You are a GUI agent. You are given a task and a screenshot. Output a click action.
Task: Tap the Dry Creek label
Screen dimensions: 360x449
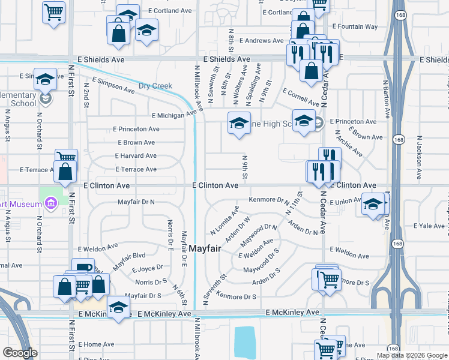pyautogui.click(x=155, y=86)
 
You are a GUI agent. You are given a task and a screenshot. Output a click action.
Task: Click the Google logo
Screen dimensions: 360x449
pyautogui.click(x=20, y=353)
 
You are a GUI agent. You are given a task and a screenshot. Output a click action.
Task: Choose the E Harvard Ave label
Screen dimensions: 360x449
pyautogui.click(x=136, y=156)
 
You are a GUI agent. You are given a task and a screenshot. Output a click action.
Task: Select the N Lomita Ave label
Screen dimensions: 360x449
pyautogui.click(x=224, y=220)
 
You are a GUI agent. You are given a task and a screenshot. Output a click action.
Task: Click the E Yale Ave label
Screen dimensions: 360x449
pyautogui.click(x=429, y=226)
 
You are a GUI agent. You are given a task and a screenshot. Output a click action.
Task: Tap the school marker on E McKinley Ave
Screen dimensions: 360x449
pyautogui.click(x=119, y=307)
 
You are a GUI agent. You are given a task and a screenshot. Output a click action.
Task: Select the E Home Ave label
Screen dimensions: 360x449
pyautogui.click(x=95, y=344)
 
